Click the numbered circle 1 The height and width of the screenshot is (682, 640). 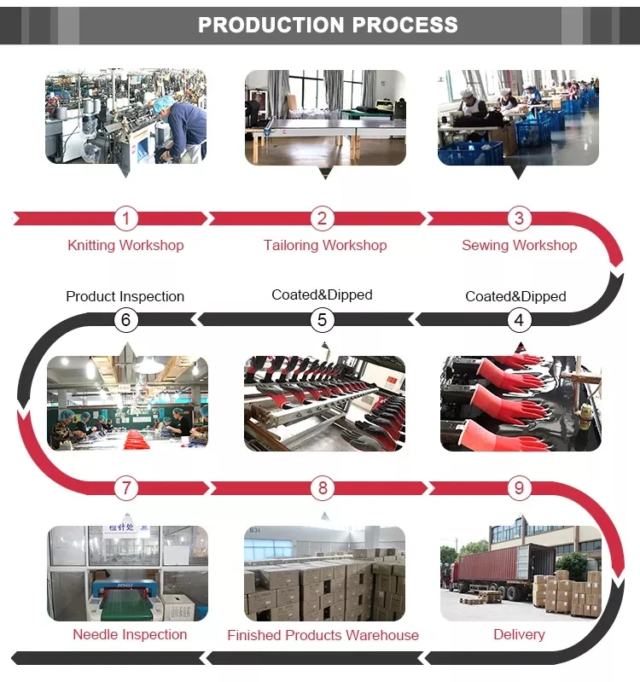[125, 219]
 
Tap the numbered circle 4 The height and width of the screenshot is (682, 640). [519, 320]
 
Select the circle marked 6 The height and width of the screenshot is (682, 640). [125, 320]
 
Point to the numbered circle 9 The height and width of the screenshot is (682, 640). [519, 488]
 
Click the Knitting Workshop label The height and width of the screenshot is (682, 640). [125, 245]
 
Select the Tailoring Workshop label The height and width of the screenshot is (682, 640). [325, 245]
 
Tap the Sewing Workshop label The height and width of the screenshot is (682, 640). [519, 245]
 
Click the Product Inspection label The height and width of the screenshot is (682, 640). [125, 296]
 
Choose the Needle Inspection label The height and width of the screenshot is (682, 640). [130, 634]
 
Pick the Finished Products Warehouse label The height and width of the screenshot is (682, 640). [323, 635]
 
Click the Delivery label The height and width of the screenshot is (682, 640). [519, 634]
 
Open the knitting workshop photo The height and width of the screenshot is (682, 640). [125, 117]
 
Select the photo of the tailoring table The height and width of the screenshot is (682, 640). [325, 117]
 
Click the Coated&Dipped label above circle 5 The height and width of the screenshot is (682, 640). [322, 294]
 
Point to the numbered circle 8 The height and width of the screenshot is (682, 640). [322, 488]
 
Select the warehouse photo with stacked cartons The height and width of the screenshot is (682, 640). [324, 574]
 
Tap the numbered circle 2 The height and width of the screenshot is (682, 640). [322, 219]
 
